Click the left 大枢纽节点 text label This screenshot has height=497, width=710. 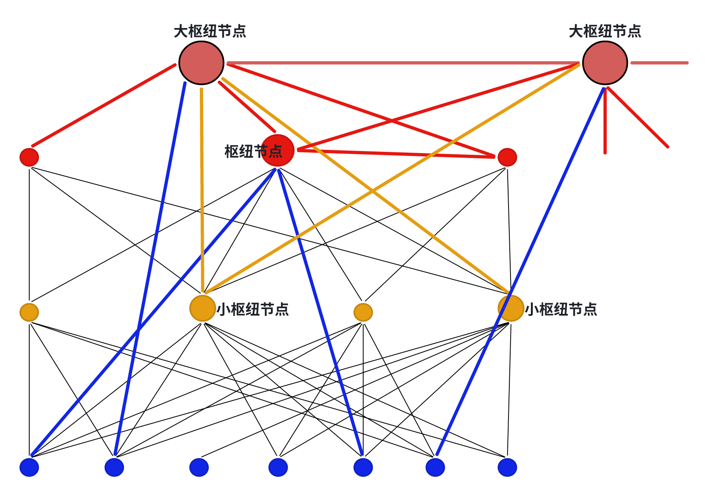[210, 31]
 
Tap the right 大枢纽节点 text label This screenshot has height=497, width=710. [605, 31]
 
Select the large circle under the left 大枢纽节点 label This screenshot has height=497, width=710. [201, 63]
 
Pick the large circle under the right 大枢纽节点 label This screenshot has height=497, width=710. [605, 63]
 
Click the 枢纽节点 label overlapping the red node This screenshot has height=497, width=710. [253, 151]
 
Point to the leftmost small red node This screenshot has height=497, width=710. [29, 157]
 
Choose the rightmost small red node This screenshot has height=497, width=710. [507, 157]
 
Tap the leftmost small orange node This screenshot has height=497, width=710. [29, 312]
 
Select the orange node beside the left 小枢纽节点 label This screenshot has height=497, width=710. [203, 308]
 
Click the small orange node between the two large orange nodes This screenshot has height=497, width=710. [363, 312]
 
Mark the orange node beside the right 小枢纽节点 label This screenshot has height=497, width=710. [511, 308]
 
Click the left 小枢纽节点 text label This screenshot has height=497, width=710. [253, 309]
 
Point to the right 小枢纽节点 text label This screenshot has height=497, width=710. [561, 309]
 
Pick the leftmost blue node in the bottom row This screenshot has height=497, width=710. [29, 467]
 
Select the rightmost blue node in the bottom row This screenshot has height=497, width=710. [507, 467]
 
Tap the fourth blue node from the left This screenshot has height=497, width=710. [278, 467]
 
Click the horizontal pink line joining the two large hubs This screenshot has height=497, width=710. [402, 63]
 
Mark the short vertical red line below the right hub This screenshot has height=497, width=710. [605, 122]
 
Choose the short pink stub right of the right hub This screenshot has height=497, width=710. [659, 63]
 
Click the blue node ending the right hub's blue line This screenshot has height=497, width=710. [435, 467]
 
